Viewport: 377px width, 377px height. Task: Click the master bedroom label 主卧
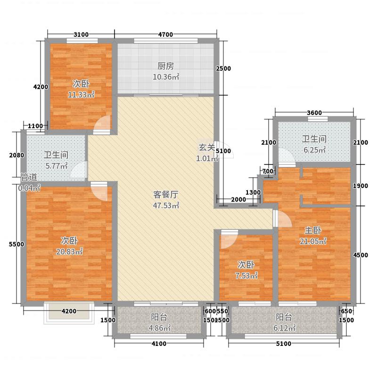[x=312, y=230]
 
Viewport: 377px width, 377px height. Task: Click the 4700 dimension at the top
[x=165, y=34]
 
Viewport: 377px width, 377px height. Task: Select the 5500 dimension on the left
[x=16, y=245]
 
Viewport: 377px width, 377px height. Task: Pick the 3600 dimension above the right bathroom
[x=313, y=113]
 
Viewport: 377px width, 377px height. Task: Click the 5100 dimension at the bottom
[x=283, y=344]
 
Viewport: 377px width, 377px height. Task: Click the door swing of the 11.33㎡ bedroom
[x=102, y=125]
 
